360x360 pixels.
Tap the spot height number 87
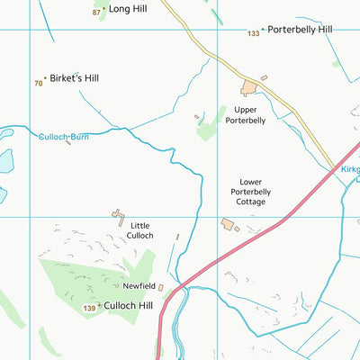coord(97,12)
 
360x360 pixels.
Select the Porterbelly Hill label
coord(300,30)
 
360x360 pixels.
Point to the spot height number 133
coord(253,33)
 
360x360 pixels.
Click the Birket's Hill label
coord(74,78)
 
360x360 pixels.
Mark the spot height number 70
coord(38,84)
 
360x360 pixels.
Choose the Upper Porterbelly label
coord(246,114)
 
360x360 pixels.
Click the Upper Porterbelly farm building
coord(248,88)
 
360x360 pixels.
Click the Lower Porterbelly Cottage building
coord(228,223)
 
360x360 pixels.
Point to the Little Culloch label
coord(141,230)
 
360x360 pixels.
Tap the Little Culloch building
coord(119,215)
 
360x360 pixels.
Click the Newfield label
coord(139,286)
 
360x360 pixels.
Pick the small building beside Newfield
coord(161,287)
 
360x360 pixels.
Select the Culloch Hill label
coord(133,306)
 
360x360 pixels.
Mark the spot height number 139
coord(87,309)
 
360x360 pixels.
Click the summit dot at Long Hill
coord(104,9)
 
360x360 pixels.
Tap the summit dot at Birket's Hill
coord(46,79)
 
